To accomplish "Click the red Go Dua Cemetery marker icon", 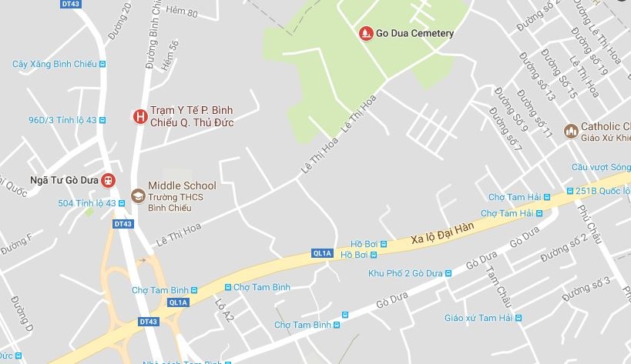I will [x=365, y=33].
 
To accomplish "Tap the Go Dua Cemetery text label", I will [x=415, y=34].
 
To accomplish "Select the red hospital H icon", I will [x=139, y=117].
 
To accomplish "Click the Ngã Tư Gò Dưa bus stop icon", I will [x=108, y=180].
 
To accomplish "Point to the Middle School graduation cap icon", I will [x=138, y=196].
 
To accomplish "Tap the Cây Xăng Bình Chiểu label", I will [x=54, y=64].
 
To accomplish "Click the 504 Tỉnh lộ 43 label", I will [x=86, y=203].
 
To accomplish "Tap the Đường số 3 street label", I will [x=587, y=289].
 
